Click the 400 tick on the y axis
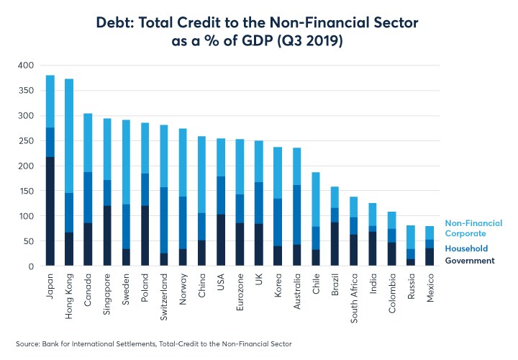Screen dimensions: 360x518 click(x=26, y=66)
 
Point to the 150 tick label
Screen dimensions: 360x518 click(x=26, y=191)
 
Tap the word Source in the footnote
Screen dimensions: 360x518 click(x=28, y=344)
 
